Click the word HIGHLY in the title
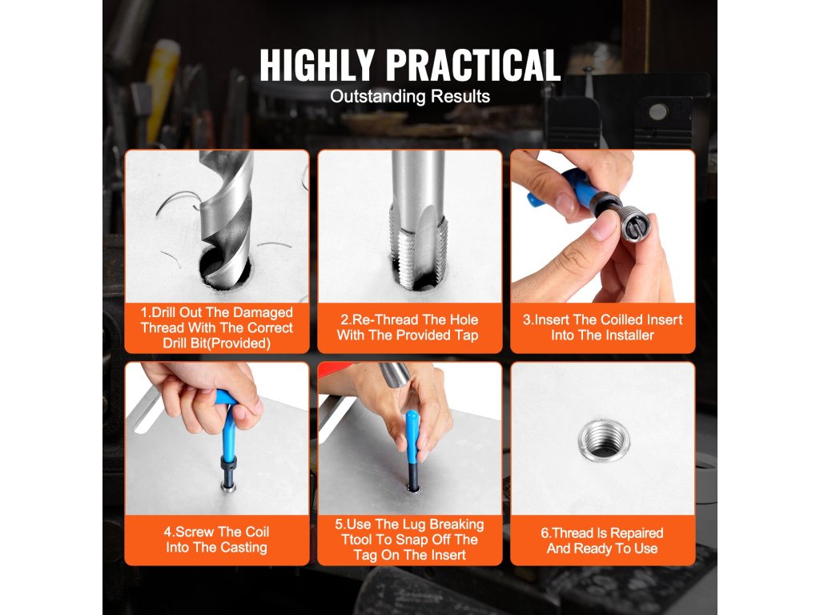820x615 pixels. point(316,65)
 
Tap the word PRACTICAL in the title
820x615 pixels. point(473,65)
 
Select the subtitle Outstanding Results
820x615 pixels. point(410,96)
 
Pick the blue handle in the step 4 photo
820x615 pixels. point(228,424)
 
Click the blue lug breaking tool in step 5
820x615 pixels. point(412,436)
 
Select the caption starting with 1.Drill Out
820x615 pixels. point(216,328)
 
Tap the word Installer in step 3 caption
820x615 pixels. point(628,336)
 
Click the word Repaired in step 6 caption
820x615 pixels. point(637,533)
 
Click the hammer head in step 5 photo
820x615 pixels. point(396,374)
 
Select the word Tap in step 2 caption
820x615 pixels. point(467,336)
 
